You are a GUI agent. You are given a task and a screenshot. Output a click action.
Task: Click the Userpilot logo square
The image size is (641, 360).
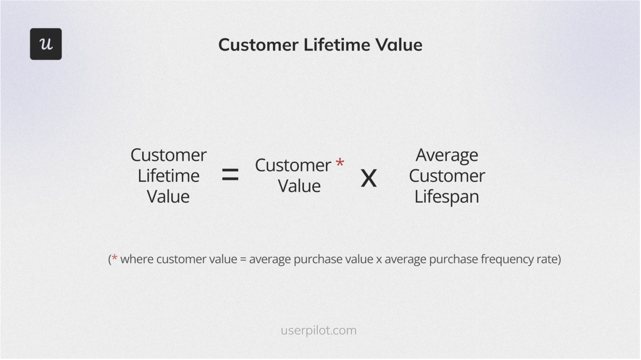pos(46,44)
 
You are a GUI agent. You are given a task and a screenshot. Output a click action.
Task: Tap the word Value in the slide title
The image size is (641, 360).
pos(399,45)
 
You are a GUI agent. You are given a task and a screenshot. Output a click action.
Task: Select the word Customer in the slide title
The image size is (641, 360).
pos(258,45)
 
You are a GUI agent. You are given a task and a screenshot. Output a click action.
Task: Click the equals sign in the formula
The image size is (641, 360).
pos(230,174)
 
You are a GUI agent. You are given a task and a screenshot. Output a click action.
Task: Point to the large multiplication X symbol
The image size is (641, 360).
pos(368,179)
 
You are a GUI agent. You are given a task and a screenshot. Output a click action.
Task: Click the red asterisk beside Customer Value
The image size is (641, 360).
pos(340,163)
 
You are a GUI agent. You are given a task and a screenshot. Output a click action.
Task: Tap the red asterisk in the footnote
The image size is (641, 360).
pos(114,258)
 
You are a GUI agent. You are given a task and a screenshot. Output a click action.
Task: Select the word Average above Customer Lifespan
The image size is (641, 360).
pos(447,155)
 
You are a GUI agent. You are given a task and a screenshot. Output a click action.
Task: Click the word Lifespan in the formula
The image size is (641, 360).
pos(447,196)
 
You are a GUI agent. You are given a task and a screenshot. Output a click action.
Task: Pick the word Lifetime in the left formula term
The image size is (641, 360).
pos(169,176)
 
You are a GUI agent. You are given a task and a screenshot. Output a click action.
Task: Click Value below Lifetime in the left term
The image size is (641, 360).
pos(168,196)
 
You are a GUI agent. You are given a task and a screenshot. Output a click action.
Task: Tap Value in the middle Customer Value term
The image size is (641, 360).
pos(299,186)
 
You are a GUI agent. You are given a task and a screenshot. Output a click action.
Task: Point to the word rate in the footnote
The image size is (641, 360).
pos(548,259)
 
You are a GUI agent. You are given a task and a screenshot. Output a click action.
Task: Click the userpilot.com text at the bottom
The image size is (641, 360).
pos(318,330)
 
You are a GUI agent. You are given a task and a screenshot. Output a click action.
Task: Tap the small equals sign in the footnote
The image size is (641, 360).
pos(243,259)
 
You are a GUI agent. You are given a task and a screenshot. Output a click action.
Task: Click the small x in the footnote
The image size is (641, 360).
pos(379,259)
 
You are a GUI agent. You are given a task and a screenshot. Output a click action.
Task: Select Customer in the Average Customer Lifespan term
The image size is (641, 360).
pos(447,176)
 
